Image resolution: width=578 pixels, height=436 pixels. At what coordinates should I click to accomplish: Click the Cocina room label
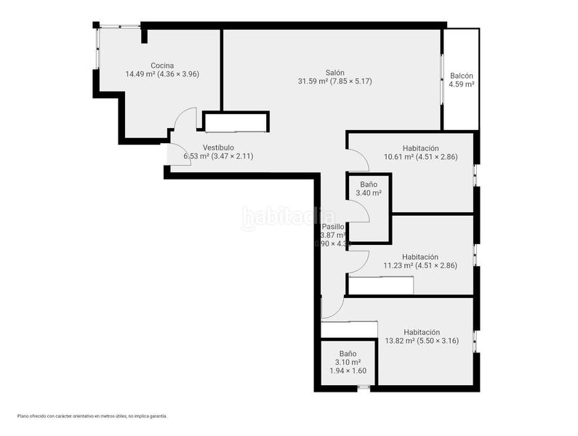point(162,65)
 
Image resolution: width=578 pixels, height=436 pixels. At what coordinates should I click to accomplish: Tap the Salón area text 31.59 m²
point(313,81)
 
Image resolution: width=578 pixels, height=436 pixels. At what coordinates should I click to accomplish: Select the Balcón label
point(462,76)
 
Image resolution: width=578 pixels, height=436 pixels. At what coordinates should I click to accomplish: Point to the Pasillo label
point(333,227)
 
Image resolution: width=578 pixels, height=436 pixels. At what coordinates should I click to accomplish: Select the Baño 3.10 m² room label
point(348,354)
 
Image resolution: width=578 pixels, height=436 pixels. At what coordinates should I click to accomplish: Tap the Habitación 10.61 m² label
point(421,148)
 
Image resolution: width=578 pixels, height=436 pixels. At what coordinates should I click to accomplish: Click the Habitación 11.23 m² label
point(420,257)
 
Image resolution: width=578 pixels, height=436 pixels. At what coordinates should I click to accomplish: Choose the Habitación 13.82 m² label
point(421,331)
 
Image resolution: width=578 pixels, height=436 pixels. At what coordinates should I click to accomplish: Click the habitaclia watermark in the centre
point(288,217)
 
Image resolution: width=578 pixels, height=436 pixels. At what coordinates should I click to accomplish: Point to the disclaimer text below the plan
point(92,416)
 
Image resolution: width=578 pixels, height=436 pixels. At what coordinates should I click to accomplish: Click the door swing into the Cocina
point(186,118)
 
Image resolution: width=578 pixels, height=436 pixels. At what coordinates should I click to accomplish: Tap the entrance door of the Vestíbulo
point(177,154)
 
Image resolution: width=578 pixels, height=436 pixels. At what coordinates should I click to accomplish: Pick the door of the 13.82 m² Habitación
point(332,308)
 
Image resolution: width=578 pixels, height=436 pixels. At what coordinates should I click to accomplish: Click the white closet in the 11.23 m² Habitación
point(381,286)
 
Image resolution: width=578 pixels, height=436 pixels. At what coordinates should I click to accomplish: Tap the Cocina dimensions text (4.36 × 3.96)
point(178,74)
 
